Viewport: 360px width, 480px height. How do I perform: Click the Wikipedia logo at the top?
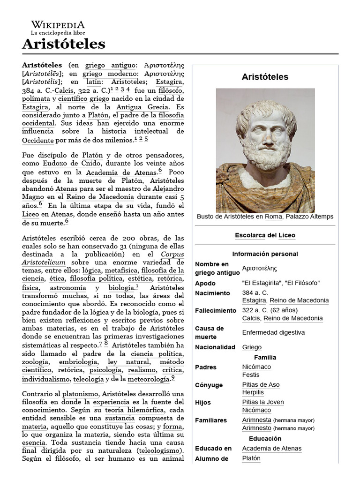[x=58, y=25]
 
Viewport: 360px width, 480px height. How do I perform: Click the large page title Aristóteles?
[x=63, y=44]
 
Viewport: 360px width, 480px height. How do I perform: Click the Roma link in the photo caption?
[x=273, y=217]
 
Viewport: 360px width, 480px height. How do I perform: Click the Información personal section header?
[x=265, y=254]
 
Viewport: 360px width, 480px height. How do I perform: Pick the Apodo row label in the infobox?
[x=205, y=283]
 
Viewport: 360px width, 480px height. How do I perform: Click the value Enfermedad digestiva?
[x=273, y=332]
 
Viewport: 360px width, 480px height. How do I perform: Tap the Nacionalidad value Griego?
[x=252, y=347]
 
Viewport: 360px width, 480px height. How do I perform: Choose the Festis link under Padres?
[x=251, y=375]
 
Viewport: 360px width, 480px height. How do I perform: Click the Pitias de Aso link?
[x=261, y=385]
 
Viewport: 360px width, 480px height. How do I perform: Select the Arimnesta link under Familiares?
[x=256, y=420]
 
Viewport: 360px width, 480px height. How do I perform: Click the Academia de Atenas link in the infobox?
[x=271, y=449]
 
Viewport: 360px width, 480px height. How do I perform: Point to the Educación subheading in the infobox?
[x=265, y=439]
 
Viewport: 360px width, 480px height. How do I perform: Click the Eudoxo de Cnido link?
[x=71, y=164]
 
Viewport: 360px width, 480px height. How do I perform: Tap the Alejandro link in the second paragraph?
[x=168, y=189]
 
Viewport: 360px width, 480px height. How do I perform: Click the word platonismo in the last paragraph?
[x=81, y=393]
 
